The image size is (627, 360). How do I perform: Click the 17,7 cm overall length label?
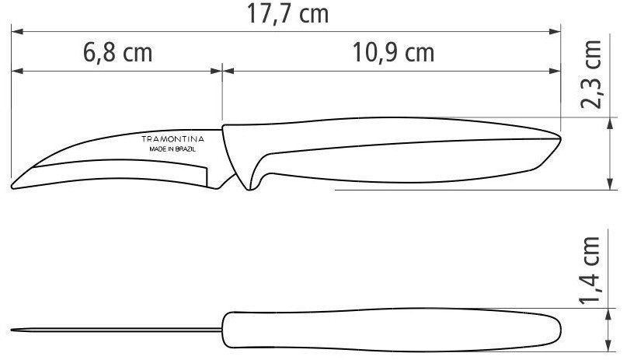pos(287,14)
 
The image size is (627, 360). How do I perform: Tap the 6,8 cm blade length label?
pos(118,52)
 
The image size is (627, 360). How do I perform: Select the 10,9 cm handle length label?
pos(393,52)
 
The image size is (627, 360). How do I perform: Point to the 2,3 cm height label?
pos(591,75)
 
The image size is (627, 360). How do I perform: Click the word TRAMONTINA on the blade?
pos(172,139)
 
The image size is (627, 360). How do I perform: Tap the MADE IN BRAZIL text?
pos(172,149)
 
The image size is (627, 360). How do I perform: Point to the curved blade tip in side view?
pos(12,186)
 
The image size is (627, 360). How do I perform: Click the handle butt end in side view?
pos(559,138)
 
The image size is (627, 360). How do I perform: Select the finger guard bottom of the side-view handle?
pos(249,187)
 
